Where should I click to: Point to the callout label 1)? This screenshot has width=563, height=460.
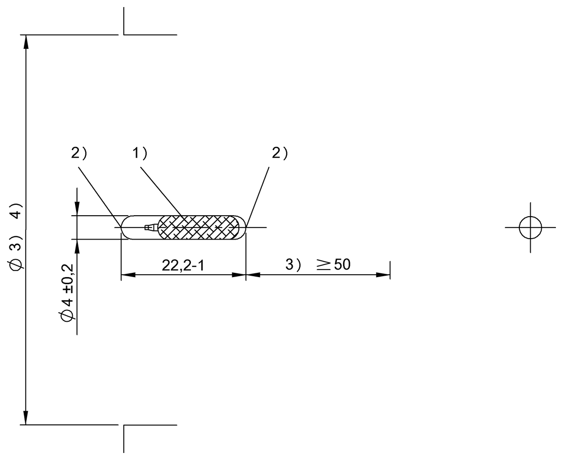point(139,153)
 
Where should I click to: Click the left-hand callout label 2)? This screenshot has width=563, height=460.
point(79,153)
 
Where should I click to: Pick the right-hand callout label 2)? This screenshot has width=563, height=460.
point(280,153)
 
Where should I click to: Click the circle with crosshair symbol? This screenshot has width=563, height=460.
point(531,228)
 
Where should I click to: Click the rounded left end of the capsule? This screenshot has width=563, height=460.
point(125,228)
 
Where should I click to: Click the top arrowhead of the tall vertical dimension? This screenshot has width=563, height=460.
point(26,42)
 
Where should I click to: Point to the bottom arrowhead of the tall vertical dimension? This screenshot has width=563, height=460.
point(26,418)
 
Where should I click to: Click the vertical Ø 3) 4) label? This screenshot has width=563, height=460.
point(16,237)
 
